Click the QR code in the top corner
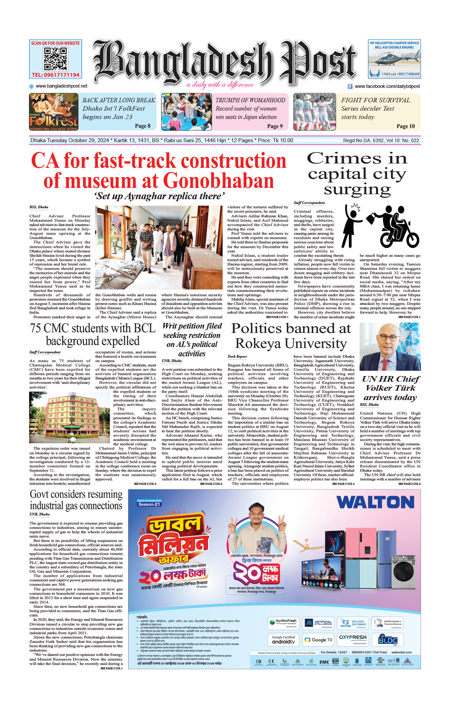click(56, 58)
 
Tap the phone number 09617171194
click(56, 75)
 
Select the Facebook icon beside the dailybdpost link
click(350, 86)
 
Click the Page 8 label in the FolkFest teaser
click(143, 126)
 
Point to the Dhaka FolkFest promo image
click(54, 112)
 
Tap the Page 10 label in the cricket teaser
click(405, 126)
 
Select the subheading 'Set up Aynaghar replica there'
click(159, 196)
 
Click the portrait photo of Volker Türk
click(390, 347)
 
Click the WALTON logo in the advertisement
click(375, 502)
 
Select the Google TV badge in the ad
click(318, 639)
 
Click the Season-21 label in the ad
click(149, 504)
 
